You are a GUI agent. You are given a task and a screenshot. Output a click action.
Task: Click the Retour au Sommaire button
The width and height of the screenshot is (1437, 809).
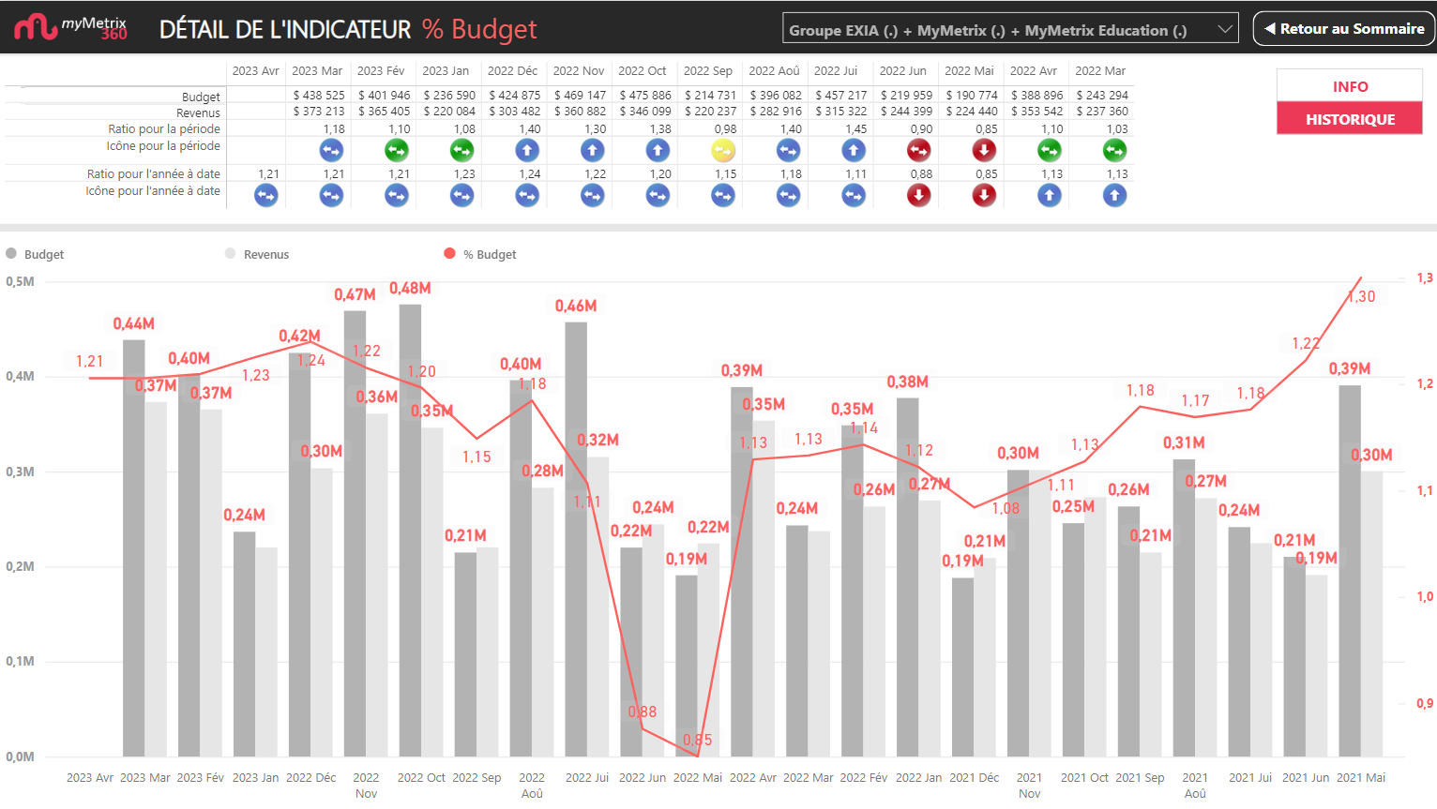(1344, 29)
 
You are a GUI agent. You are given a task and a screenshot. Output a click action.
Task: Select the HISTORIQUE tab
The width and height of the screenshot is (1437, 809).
(1349, 119)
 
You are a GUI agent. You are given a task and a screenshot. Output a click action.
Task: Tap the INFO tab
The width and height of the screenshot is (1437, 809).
(1349, 86)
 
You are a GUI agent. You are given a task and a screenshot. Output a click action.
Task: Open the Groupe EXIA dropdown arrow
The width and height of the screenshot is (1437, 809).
(1224, 29)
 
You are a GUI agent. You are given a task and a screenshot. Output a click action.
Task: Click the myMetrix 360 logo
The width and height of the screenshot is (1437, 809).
(70, 27)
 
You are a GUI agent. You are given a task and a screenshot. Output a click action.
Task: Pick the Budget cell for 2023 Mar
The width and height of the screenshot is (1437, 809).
(318, 95)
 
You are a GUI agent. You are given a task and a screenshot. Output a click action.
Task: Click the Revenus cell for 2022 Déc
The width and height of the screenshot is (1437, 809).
(514, 111)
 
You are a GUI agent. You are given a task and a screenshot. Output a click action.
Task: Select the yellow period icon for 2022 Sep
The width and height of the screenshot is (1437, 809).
(723, 150)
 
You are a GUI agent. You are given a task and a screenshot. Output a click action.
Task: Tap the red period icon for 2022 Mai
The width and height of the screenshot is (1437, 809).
(984, 150)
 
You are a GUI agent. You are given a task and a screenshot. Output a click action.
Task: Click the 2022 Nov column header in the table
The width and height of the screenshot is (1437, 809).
(578, 70)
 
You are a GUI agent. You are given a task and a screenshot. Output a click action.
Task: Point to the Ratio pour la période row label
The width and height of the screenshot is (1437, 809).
(164, 128)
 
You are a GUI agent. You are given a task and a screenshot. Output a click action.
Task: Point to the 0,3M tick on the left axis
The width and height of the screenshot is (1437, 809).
(20, 472)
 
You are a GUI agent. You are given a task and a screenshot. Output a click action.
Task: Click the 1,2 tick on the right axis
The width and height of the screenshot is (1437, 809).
(1424, 383)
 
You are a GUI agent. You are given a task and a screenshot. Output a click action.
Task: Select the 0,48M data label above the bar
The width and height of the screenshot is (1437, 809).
(410, 288)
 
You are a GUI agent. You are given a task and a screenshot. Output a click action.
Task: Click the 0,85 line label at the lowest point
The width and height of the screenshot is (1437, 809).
(697, 740)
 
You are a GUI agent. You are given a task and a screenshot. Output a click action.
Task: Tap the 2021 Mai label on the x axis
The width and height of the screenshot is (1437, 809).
(1360, 777)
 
